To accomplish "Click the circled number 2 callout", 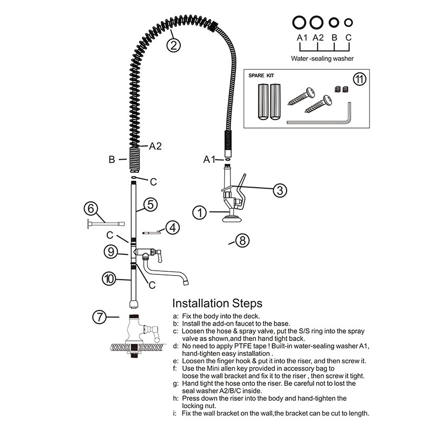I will coord(174,45).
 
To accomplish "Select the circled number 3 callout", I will coord(280,190).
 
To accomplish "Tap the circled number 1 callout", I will coord(199,213).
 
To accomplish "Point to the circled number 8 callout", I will coord(241,241).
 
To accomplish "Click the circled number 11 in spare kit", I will coord(359,79).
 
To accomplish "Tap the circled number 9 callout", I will coord(111,252).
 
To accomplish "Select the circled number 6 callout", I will coord(90,209).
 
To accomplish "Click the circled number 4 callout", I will coord(172,228).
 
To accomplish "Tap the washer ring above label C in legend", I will coord(348,22).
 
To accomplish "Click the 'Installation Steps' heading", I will coord(217,304).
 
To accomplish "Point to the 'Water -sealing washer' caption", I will coord(322,59).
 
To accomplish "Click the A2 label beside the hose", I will coord(155,146).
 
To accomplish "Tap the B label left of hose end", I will coord(112,158).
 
